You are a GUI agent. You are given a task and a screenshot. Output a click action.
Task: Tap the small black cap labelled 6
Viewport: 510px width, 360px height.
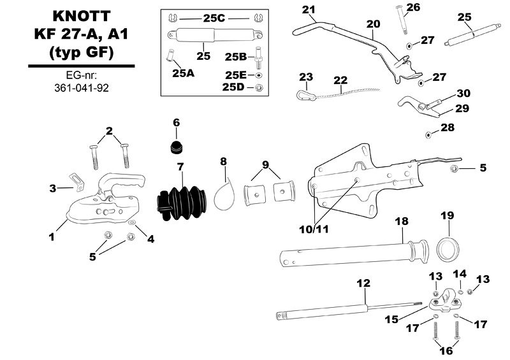coord(176,146)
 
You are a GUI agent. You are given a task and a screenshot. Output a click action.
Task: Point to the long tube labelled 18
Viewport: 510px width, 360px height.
coord(351,255)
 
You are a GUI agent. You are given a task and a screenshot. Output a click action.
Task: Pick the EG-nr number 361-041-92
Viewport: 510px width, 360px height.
coord(79,88)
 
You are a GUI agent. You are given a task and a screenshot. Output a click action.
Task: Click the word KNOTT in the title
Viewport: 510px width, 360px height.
coord(79,15)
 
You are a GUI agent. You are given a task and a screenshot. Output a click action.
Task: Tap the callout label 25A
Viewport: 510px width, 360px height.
coord(182,73)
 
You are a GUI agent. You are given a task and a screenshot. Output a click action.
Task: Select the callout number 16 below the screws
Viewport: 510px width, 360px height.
coord(446,350)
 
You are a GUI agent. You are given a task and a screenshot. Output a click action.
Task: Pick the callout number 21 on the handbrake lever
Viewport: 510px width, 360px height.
coord(309,10)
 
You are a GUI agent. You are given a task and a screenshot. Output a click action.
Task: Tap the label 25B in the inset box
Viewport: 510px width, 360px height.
coord(236,56)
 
